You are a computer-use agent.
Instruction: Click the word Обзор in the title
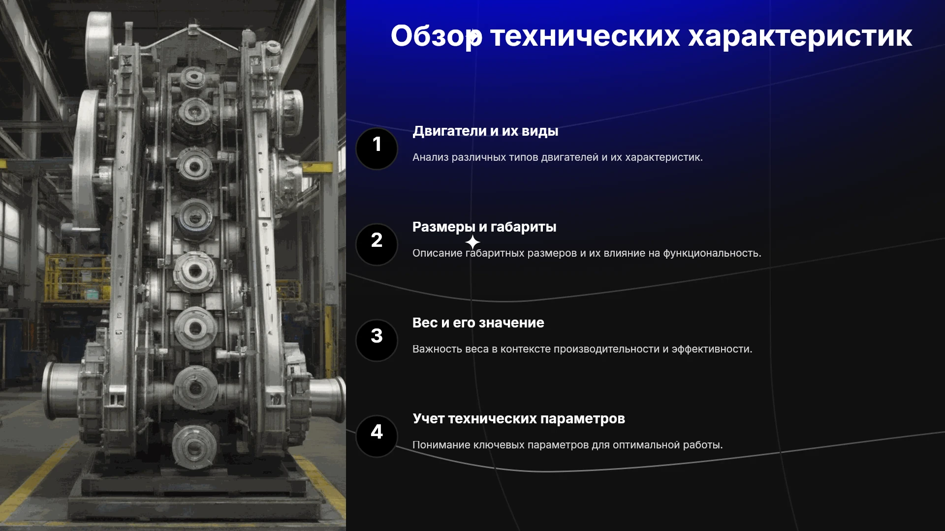pyautogui.click(x=437, y=36)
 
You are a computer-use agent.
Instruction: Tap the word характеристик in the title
pyautogui.click(x=800, y=36)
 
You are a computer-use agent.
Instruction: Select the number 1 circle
pyautogui.click(x=377, y=148)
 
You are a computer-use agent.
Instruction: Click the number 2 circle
pyautogui.click(x=377, y=244)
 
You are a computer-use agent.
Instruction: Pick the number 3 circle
pyautogui.click(x=377, y=340)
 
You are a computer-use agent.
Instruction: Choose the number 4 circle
pyautogui.click(x=377, y=436)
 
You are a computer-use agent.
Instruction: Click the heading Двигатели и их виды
pyautogui.click(x=485, y=131)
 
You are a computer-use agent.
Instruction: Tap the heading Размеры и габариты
pyautogui.click(x=484, y=227)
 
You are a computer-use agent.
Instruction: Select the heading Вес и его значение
pyautogui.click(x=478, y=323)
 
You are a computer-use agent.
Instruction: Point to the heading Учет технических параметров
pyautogui.click(x=519, y=419)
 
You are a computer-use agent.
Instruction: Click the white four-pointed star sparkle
pyautogui.click(x=472, y=242)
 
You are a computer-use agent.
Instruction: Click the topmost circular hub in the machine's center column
pyautogui.click(x=192, y=77)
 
